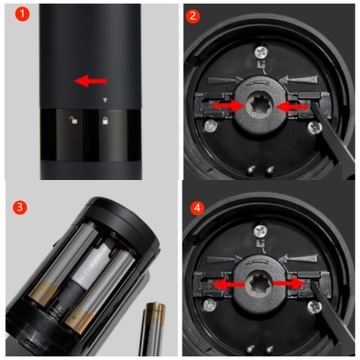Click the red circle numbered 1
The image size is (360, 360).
[x=22, y=15]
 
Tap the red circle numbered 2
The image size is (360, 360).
[x=193, y=17]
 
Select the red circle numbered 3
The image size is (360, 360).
[x=20, y=207]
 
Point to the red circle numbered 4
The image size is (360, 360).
[x=197, y=208]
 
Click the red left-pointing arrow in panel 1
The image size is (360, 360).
[x=91, y=81]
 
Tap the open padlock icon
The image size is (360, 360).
[x=73, y=120]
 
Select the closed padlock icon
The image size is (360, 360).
[x=105, y=120]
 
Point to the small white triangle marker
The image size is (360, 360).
[x=105, y=100]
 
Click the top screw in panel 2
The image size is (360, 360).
[x=260, y=52]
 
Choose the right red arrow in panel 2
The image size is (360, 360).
[x=291, y=107]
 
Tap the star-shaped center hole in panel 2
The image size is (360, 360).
[x=260, y=106]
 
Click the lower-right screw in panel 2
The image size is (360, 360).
[x=314, y=128]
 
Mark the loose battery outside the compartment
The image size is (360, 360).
[x=153, y=328]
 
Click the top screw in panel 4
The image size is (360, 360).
[x=261, y=231]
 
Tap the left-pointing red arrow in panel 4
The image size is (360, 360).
[x=229, y=284]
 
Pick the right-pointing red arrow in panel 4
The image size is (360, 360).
[x=289, y=284]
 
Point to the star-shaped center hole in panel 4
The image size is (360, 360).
[x=260, y=283]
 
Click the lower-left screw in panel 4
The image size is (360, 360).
[x=210, y=305]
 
